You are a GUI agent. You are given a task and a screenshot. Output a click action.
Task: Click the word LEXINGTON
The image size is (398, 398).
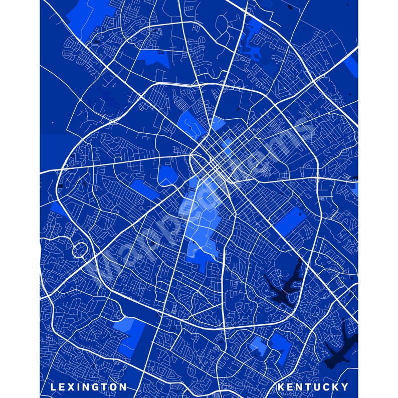tap(89, 386)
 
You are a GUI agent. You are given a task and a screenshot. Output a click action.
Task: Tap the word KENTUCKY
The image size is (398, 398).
tap(313, 386)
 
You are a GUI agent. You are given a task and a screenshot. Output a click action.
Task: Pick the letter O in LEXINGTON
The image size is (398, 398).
tap(113, 386)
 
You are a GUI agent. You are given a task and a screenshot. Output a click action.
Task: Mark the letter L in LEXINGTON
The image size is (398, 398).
tap(53, 386)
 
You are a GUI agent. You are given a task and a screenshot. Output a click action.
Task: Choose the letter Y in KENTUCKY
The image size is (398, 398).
tap(345, 386)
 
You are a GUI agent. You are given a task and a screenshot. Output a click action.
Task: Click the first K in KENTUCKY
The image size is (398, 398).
tap(281, 386)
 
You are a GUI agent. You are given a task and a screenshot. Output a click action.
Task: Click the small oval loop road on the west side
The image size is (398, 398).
tap(79, 249)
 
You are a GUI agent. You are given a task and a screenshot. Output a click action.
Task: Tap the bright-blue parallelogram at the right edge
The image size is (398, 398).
tap(354, 66)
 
